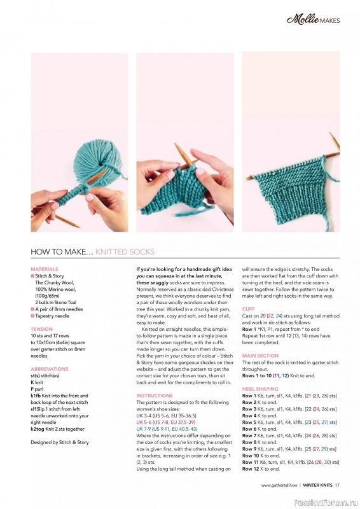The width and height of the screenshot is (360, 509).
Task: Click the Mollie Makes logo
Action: pyautogui.click(x=312, y=19)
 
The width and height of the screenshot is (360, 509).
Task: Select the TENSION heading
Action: pyautogui.click(x=42, y=329)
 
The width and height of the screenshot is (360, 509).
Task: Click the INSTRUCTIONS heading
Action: pyautogui.click(x=155, y=395)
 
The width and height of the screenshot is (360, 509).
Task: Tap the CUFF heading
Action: pyautogui.click(x=249, y=309)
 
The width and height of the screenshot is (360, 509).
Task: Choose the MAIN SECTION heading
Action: pyautogui.click(x=260, y=356)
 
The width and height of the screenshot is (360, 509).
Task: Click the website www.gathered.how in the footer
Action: pyautogui.click(x=279, y=486)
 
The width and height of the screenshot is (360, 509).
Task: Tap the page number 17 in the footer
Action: pyautogui.click(x=338, y=486)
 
